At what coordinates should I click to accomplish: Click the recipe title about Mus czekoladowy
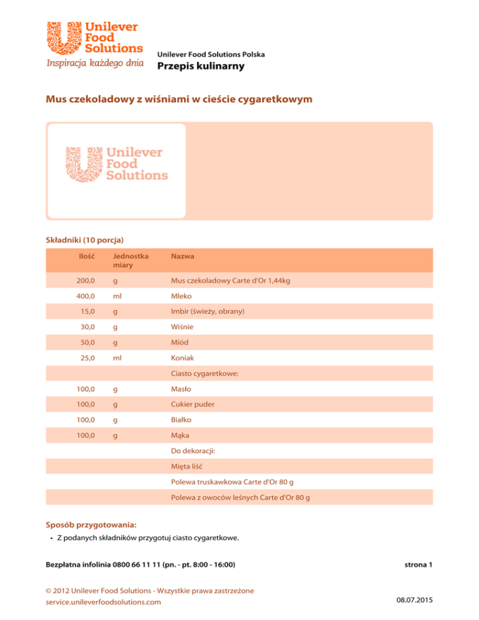pos(179,99)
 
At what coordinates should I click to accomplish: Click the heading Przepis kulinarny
pos(201,67)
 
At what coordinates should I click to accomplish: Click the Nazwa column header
pos(183,256)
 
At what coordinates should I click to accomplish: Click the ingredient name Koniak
pos(182,358)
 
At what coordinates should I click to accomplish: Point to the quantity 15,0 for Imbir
pos(88,311)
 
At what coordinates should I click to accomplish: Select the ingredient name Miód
pos(181,342)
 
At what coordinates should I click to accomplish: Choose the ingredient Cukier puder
pos(193,404)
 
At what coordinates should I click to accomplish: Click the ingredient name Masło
pos(181,389)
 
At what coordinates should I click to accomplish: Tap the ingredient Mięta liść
pos(187,466)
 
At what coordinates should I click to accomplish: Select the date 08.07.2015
pos(412,602)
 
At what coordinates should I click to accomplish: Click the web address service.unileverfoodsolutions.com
pos(104,602)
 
